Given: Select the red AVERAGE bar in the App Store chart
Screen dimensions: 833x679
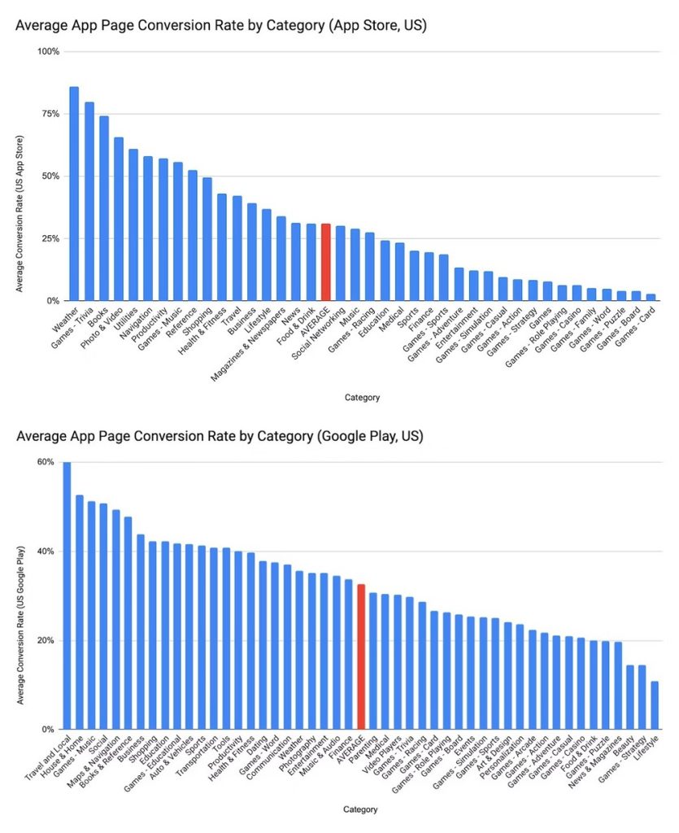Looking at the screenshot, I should (325, 262).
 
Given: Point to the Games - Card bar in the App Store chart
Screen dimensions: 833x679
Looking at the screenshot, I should (651, 297).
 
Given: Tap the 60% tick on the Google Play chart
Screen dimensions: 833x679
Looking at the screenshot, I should (46, 462).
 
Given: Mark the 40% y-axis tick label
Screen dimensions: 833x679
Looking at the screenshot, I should (46, 552).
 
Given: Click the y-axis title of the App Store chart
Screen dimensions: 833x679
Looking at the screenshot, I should (20, 177).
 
